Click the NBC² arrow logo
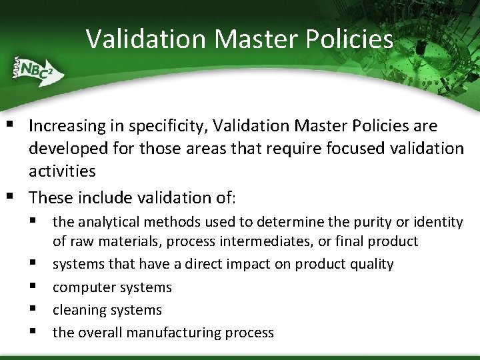click(x=35, y=70)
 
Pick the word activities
click(x=62, y=171)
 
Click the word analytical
click(x=107, y=221)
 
